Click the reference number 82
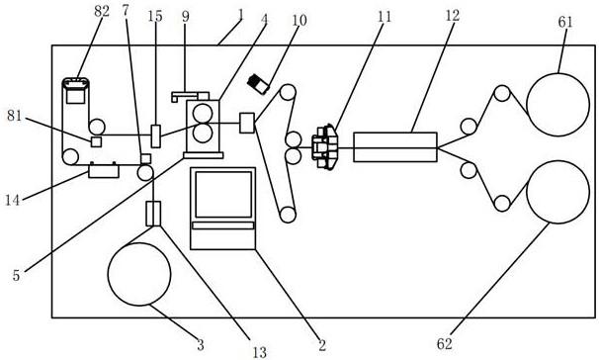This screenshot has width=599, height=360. (102, 12)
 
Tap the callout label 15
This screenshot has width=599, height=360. (155, 17)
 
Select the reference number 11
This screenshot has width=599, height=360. (385, 17)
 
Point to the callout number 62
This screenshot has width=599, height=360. (444, 344)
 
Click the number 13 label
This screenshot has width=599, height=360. (260, 352)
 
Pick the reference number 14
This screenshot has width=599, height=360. (12, 200)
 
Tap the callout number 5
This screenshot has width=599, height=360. (16, 276)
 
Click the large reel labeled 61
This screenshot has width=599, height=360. (557, 105)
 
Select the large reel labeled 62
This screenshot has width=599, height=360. (557, 192)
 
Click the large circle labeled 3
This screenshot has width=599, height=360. (139, 274)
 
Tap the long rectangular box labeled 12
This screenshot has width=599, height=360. (395, 147)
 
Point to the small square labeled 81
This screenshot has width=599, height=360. (96, 141)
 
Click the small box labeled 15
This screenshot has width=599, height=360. (156, 136)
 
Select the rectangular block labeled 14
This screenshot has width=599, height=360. (104, 170)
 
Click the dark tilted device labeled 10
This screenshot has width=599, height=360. (258, 84)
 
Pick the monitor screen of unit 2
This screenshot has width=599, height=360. (223, 195)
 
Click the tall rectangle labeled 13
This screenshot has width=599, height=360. (153, 214)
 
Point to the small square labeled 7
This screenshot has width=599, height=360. (146, 158)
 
